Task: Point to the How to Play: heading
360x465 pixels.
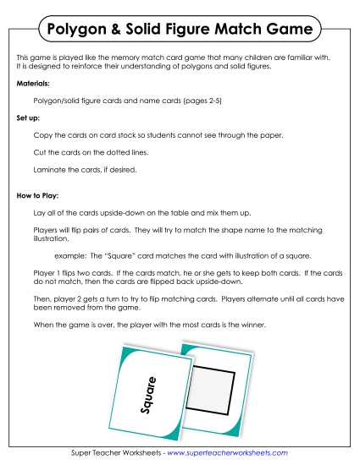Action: point(37,195)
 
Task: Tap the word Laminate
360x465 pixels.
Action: point(48,169)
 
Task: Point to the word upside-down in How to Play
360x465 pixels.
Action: point(108,211)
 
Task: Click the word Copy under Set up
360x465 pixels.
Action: point(42,135)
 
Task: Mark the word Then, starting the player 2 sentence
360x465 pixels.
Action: point(42,299)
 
